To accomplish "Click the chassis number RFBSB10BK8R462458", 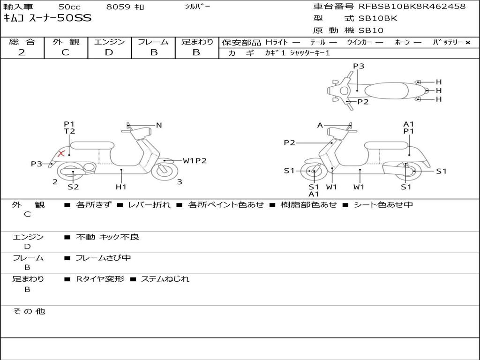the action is (x=412, y=7).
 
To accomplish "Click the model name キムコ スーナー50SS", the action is (x=47, y=18).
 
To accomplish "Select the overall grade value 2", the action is (x=22, y=52).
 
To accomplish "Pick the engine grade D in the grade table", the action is (x=109, y=52).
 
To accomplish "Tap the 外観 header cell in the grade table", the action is (x=66, y=42).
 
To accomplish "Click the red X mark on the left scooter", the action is (x=60, y=153).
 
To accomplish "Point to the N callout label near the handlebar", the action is (x=159, y=125).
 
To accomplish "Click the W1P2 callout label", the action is (x=195, y=161).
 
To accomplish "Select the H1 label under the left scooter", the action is (x=121, y=187).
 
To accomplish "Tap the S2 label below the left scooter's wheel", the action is (x=73, y=187).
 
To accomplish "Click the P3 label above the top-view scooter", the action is (x=359, y=66).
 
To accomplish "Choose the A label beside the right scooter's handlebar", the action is (x=320, y=125).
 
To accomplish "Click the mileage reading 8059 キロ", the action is (x=125, y=7).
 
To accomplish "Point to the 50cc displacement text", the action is (x=69, y=7).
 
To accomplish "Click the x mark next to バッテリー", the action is (x=467, y=43).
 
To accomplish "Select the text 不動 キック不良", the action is (x=107, y=237).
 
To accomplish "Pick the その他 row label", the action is (x=29, y=311).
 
